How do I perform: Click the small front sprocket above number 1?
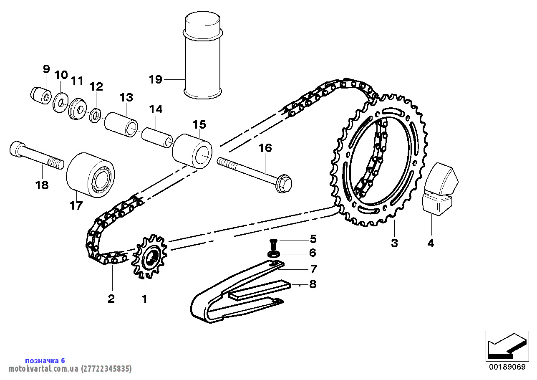pos(149,256)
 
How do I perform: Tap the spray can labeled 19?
pos(203,55)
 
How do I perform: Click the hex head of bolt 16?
pos(284,183)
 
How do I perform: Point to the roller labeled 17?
pos(90,175)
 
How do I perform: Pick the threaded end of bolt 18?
pos(56,163)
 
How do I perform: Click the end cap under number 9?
pos(41,95)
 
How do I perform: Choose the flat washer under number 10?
pos(60,102)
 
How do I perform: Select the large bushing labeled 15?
pos(192,151)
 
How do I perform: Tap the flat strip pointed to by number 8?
pos(260,290)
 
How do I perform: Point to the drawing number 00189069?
pos(507,367)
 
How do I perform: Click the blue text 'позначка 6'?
pos(45,360)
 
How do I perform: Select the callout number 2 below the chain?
pos(111,299)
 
